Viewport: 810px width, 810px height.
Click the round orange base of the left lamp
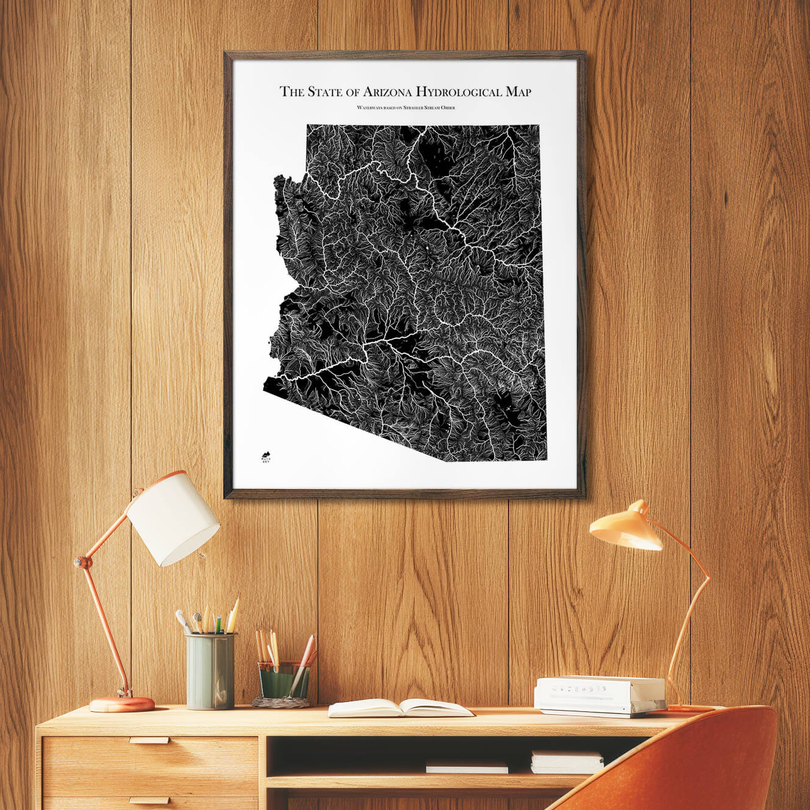pos(122,704)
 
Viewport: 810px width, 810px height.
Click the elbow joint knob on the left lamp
pos(81,561)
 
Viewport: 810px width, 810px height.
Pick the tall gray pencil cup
pos(210,670)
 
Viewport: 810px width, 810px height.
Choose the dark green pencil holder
pos(284,680)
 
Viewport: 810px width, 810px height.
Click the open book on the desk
pos(400,708)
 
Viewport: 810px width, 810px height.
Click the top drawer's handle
pos(149,740)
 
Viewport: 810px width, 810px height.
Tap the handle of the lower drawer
pos(149,800)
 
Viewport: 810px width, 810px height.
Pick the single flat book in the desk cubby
pos(467,767)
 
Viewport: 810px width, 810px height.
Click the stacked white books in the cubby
pos(567,762)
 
